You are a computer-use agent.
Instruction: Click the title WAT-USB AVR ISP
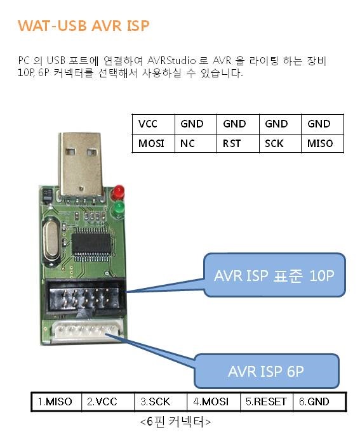[83, 26]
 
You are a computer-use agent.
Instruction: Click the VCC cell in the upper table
[154, 124]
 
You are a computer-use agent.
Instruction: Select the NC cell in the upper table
[196, 143]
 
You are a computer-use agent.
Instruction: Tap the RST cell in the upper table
[238, 143]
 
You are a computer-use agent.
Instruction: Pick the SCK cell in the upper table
[280, 143]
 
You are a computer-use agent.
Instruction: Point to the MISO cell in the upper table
[323, 143]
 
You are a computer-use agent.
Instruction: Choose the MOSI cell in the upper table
[154, 143]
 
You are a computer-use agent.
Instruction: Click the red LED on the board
[118, 192]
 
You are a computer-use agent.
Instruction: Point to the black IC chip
[91, 243]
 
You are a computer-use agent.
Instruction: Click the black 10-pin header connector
[85, 296]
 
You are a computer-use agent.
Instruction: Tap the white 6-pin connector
[87, 330]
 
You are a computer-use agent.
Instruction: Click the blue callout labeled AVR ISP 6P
[266, 371]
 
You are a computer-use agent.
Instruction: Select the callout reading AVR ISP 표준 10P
[274, 275]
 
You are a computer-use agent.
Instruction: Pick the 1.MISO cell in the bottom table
[56, 402]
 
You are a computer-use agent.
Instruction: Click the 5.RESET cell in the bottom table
[266, 402]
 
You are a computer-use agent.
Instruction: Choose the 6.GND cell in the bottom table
[319, 402]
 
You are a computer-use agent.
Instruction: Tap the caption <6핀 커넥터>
[175, 422]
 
